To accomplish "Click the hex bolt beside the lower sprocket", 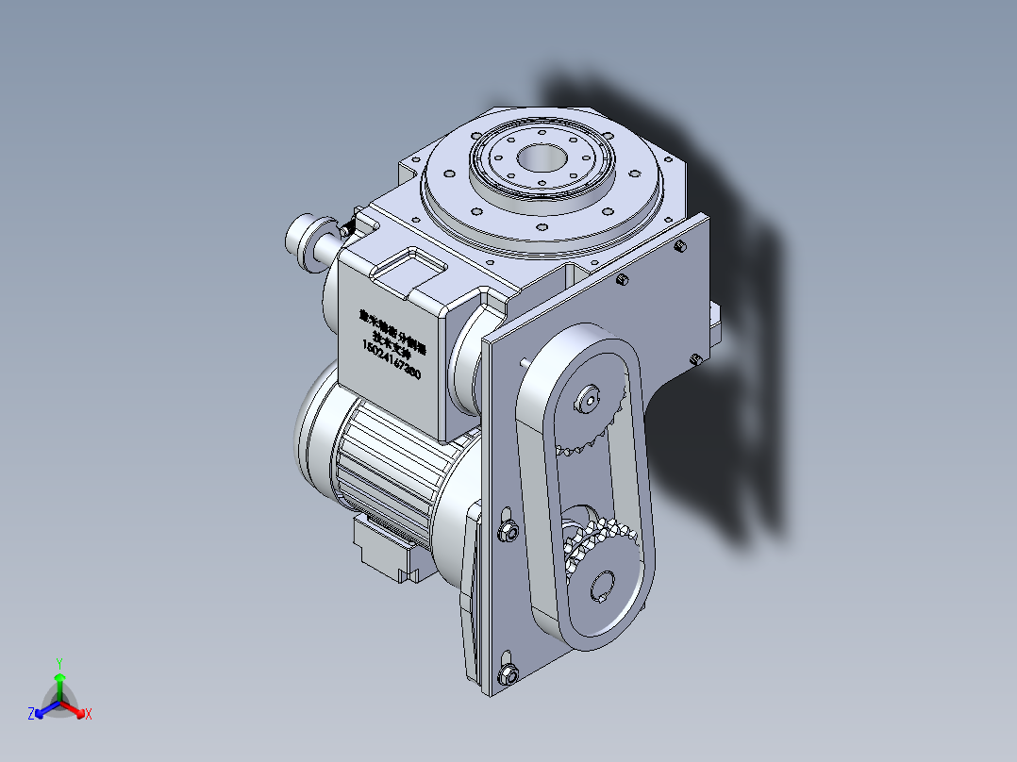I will pos(507,531).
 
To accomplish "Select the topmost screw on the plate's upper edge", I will pos(679,246).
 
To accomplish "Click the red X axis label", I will pos(88,715).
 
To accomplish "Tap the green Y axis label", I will pos(59,663).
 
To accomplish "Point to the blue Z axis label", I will pos(31,715).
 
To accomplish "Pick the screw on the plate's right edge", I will pos(694,358).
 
